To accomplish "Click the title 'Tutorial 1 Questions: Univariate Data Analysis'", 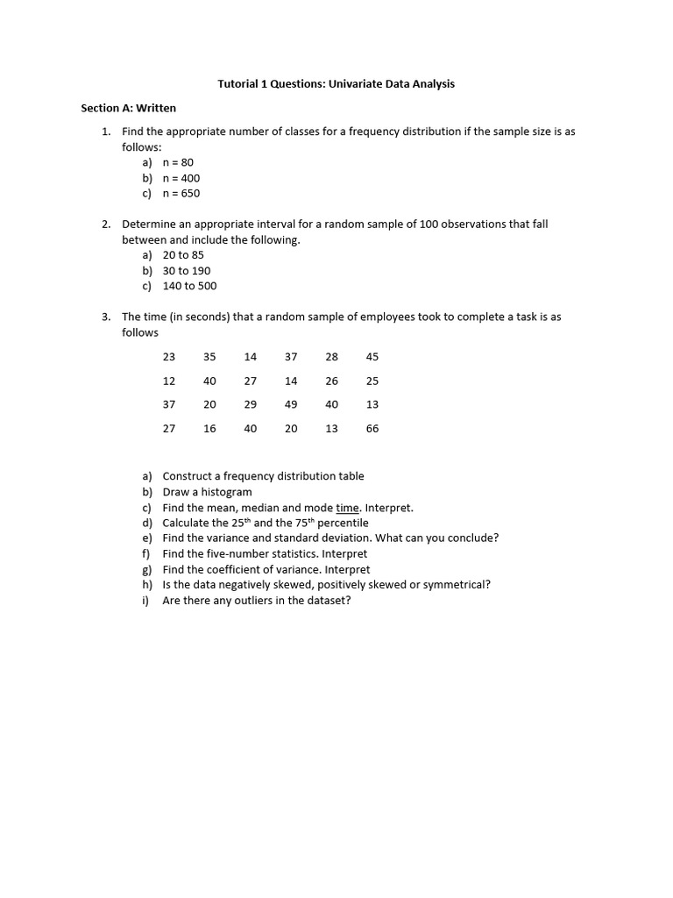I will [x=336, y=84].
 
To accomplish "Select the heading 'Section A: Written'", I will [x=129, y=108].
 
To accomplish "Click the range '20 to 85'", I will [x=183, y=255].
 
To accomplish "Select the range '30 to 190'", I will [x=187, y=271].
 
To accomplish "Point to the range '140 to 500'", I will [x=189, y=286].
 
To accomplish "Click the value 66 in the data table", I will [x=372, y=429].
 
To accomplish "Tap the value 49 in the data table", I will [x=291, y=404].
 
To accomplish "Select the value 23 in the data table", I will [x=169, y=357].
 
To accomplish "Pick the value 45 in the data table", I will [x=372, y=357].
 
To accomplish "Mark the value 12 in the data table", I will [x=169, y=381].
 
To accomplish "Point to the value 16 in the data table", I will [x=209, y=429].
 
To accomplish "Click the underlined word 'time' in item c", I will [x=347, y=508].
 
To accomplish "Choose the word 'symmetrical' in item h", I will [x=457, y=585].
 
